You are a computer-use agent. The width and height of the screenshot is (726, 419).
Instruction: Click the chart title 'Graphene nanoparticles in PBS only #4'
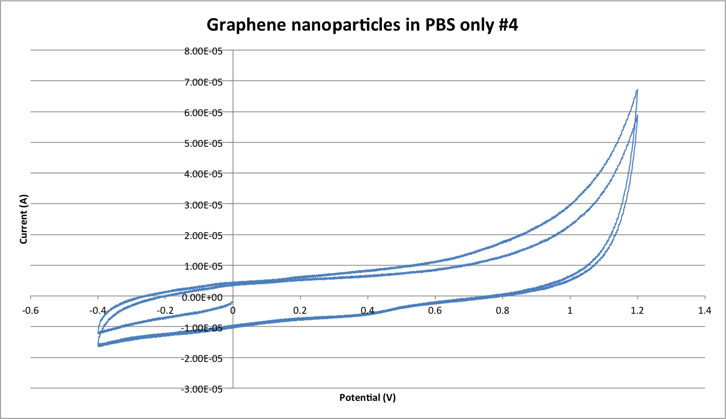363,24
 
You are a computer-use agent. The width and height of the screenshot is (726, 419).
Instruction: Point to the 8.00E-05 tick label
206,51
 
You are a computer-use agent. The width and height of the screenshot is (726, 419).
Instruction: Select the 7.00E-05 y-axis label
206,81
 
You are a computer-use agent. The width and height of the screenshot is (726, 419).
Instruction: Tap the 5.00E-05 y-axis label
206,143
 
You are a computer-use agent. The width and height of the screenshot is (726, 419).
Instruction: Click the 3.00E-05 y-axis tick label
206,204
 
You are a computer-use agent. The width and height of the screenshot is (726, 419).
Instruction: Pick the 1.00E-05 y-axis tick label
206,266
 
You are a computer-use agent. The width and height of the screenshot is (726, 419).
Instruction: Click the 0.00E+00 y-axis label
206,297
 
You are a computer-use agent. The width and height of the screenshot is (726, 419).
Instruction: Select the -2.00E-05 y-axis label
204,358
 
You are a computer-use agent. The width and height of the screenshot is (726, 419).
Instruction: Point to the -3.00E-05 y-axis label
204,389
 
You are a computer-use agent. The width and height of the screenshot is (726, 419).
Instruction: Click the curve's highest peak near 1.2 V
637,90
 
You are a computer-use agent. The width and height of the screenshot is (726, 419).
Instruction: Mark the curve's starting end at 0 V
232,302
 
